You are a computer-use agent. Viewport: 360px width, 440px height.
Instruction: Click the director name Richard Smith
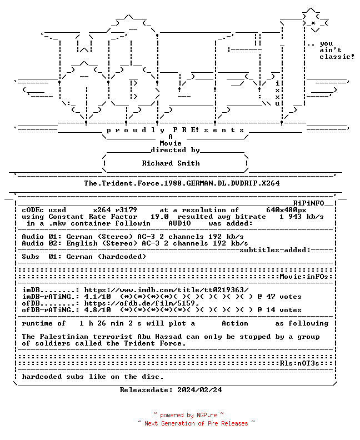171,163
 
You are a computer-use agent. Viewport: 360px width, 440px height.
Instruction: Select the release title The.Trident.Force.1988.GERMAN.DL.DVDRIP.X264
182,183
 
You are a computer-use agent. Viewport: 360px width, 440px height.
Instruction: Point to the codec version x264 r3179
115,210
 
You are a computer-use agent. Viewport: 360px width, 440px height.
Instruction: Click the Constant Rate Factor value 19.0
159,217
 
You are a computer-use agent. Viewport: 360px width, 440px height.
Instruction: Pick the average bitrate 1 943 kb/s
301,217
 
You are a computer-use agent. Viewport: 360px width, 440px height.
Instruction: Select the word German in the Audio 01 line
79,237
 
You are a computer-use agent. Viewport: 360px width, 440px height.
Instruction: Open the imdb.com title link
167,290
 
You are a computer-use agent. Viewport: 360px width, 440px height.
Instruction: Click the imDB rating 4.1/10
97,297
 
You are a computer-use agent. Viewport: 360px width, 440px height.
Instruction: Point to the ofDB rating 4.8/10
97,310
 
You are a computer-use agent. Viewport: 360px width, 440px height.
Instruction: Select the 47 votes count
283,297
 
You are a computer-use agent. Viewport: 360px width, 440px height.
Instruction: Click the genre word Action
235,323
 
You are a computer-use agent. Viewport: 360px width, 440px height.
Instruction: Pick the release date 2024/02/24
199,390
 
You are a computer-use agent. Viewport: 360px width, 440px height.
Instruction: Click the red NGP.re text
207,416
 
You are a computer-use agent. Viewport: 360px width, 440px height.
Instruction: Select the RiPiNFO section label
309,203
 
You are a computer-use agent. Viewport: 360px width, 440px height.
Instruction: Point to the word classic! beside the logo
337,57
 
